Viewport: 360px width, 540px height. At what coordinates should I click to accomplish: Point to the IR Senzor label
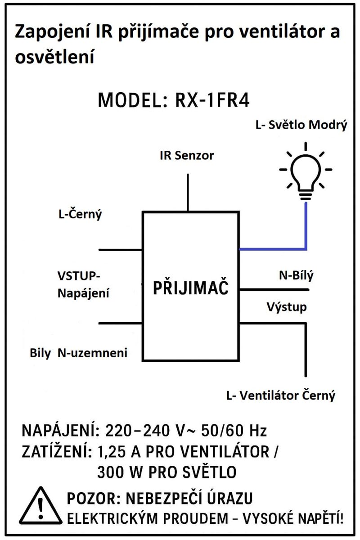tap(187, 156)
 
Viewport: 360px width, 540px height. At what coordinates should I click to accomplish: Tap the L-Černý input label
tap(80, 214)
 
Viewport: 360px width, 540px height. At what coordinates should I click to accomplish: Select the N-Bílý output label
tap(296, 275)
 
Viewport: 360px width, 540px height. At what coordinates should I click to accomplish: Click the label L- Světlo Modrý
tap(301, 126)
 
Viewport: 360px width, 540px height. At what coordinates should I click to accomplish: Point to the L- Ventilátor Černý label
tap(281, 396)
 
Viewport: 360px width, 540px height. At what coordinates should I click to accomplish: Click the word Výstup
tap(287, 307)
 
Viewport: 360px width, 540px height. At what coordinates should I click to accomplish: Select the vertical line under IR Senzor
tap(187, 191)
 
